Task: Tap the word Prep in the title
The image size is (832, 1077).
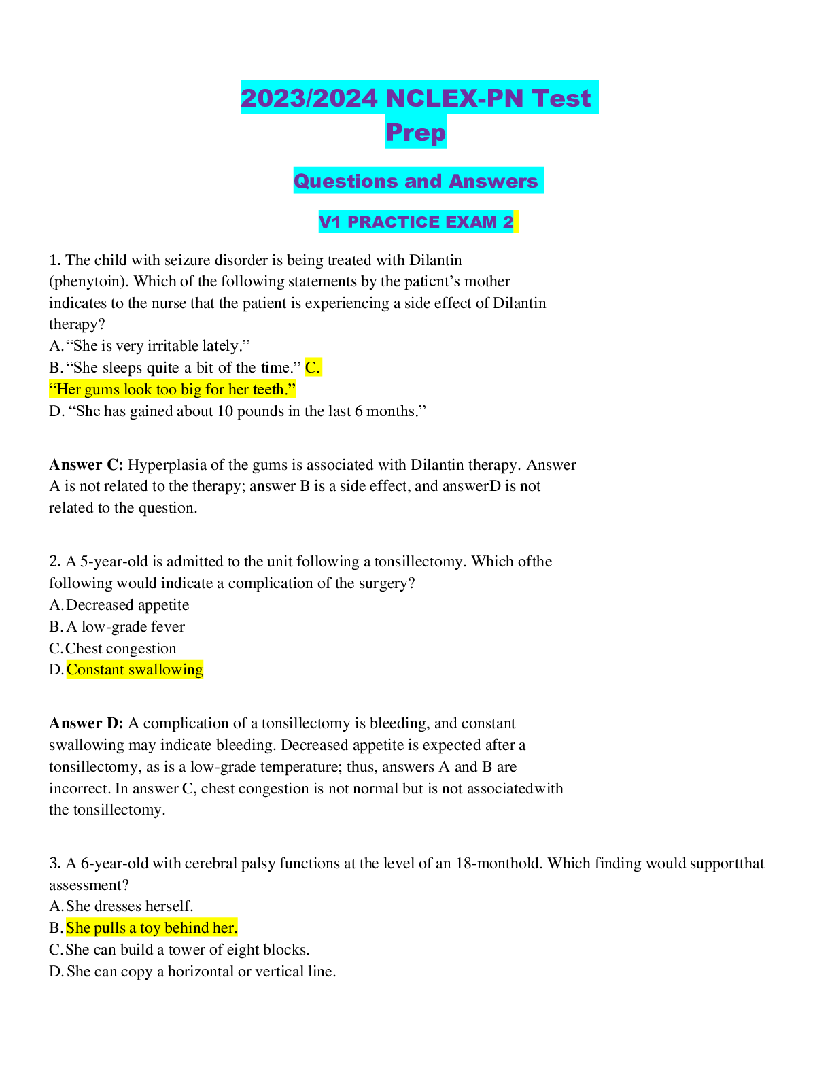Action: pos(416,132)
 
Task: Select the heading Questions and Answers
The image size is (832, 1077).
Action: pos(416,181)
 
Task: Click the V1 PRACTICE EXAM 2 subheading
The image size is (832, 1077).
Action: pos(416,222)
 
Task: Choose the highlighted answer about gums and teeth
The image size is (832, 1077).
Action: pos(173,390)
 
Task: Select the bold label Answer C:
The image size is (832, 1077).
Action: pos(86,465)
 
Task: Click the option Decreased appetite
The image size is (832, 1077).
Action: pos(127,605)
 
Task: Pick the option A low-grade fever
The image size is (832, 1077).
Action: pos(125,627)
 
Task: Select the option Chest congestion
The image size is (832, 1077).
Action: pos(120,649)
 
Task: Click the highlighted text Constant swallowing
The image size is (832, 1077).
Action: pos(135,670)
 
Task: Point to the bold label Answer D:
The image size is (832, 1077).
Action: pos(86,723)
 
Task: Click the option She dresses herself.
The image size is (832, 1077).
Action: pos(129,906)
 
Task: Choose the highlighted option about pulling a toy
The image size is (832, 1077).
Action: pos(152,928)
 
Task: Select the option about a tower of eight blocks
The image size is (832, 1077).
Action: pos(187,950)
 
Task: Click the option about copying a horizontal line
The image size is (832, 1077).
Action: pos(201,972)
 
